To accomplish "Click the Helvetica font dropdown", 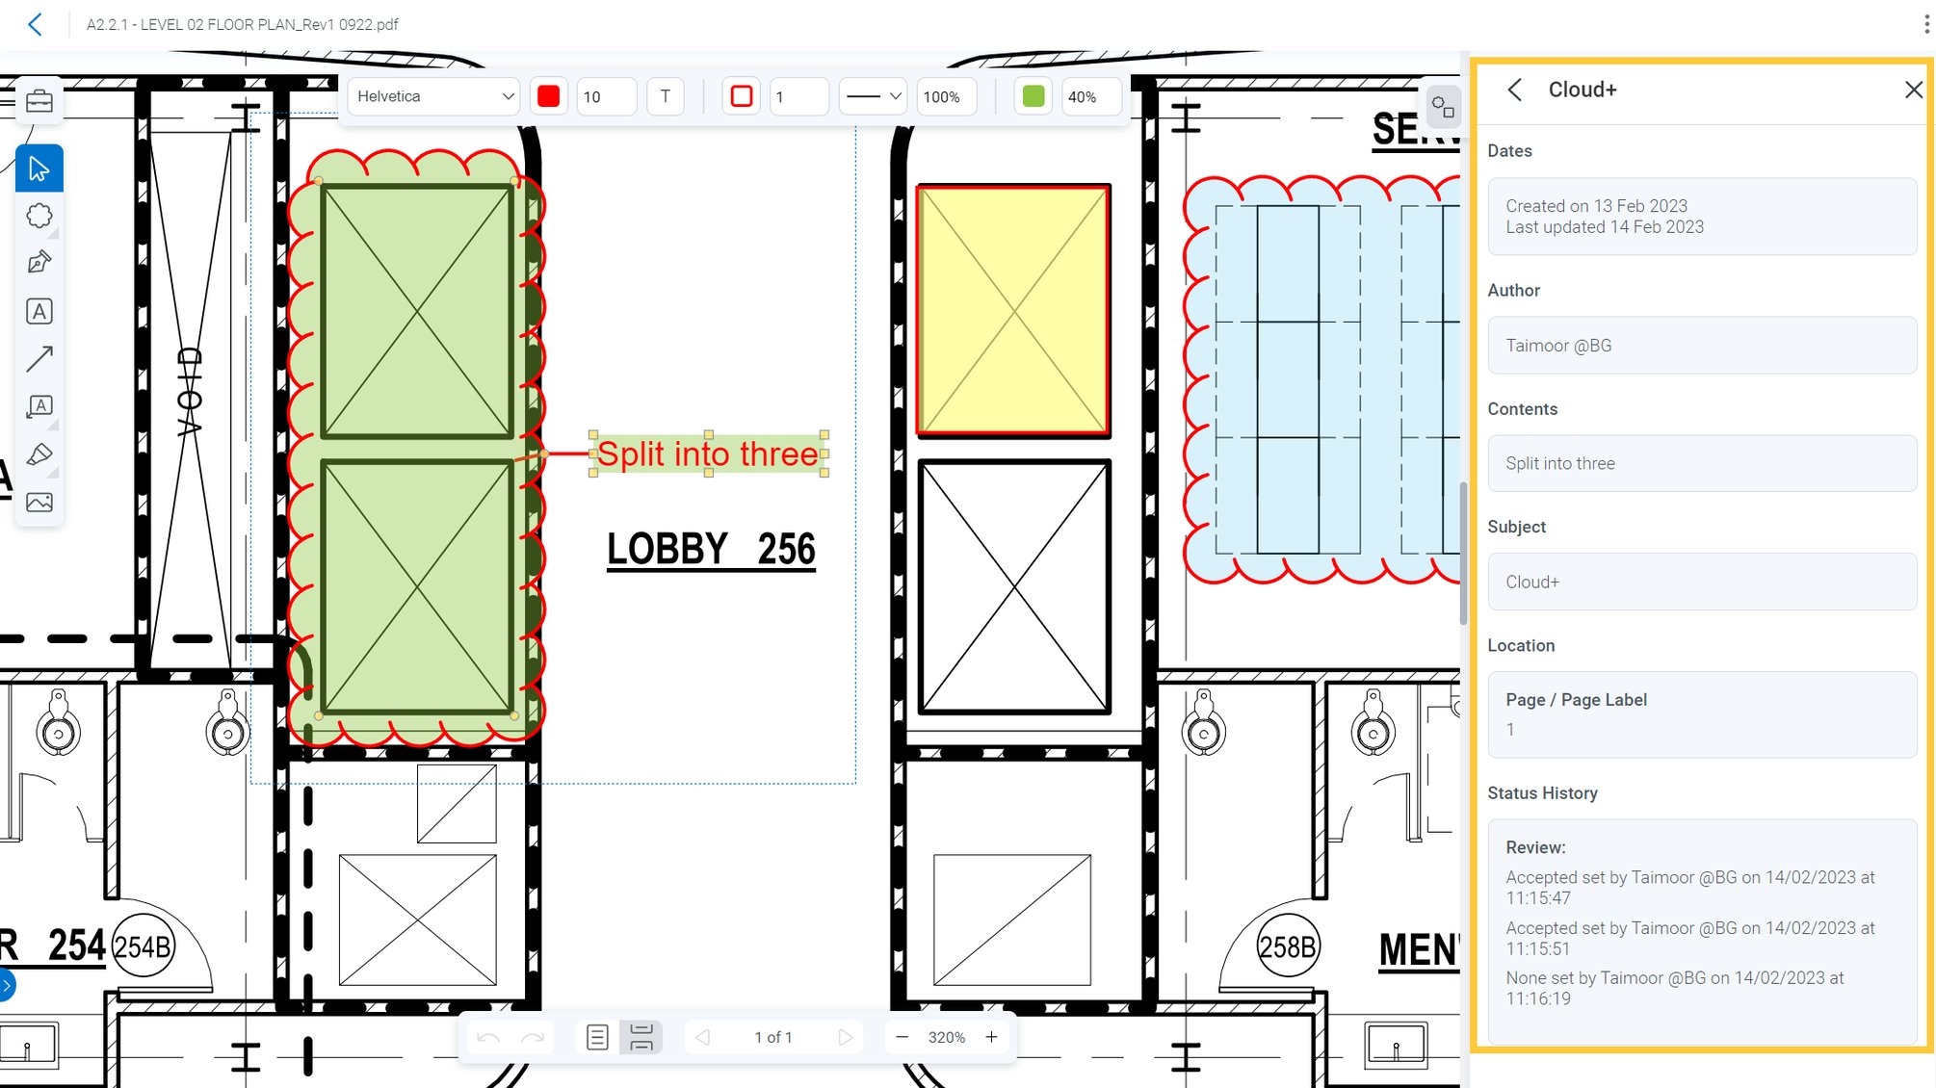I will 434,96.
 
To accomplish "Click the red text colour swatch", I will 548,96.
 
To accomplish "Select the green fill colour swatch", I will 1033,96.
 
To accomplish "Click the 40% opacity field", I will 1089,97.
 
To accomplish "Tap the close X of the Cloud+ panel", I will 1913,90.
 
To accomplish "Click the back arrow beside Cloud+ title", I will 1515,90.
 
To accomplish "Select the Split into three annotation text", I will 708,453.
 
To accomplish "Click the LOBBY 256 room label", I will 711,550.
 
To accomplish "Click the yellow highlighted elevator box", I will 1013,310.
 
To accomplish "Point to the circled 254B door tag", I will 143,946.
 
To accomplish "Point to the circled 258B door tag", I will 1287,946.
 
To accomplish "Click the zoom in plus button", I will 991,1037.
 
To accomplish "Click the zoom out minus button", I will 902,1037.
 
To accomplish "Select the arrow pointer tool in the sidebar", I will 39,168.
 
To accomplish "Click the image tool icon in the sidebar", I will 39,502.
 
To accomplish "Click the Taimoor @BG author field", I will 1701,346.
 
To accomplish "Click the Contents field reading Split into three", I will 1701,463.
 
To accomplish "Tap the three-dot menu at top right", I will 1925,24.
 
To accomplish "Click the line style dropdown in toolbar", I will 873,96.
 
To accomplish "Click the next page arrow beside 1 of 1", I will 845,1037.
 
